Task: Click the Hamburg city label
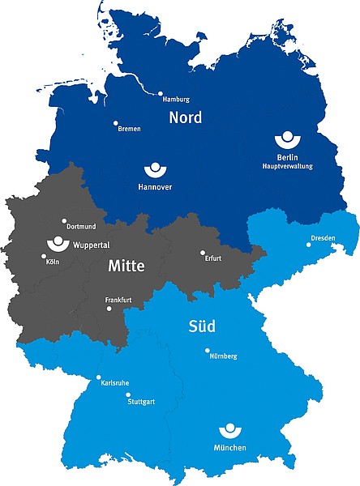pyautogui.click(x=176, y=100)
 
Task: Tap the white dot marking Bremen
pyautogui.click(x=115, y=123)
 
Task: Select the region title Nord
pyautogui.click(x=185, y=118)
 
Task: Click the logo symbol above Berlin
pyautogui.click(x=286, y=139)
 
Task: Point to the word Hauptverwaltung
pyautogui.click(x=287, y=166)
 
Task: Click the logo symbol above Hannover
pyautogui.click(x=154, y=169)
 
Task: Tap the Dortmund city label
pyautogui.click(x=81, y=227)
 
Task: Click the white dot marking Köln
pyautogui.click(x=44, y=257)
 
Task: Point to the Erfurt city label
pyautogui.click(x=213, y=258)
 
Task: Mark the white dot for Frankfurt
pyautogui.click(x=109, y=308)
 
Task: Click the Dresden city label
pyautogui.click(x=322, y=238)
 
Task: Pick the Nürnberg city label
pyautogui.click(x=223, y=356)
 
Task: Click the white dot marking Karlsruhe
pyautogui.click(x=99, y=377)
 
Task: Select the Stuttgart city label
pyautogui.click(x=141, y=401)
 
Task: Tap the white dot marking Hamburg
pyautogui.click(x=161, y=93)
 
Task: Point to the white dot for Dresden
pyautogui.click(x=308, y=244)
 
